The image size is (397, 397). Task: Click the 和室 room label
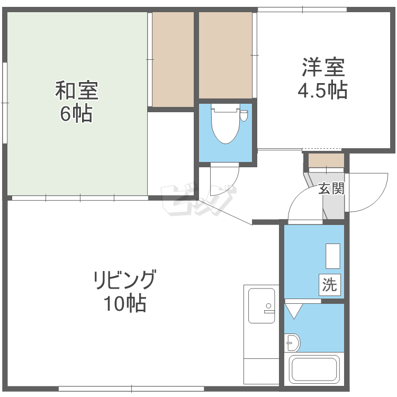(x=77, y=91)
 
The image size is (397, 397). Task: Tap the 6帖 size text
(x=76, y=114)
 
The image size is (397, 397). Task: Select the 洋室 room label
(x=323, y=67)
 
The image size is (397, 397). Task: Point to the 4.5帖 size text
(x=322, y=90)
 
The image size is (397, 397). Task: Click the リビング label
(x=124, y=280)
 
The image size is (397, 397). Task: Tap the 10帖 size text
(x=125, y=303)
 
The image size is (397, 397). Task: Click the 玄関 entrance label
(x=331, y=188)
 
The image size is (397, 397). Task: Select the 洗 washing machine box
(x=330, y=285)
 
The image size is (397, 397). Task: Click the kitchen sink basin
(x=261, y=305)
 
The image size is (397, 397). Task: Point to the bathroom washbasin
(x=292, y=343)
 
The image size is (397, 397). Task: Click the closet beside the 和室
(x=173, y=59)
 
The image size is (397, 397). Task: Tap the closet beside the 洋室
(x=225, y=55)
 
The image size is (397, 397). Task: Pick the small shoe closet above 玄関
(x=326, y=160)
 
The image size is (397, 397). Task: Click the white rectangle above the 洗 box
(x=333, y=256)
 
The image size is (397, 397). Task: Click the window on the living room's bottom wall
(x=131, y=389)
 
